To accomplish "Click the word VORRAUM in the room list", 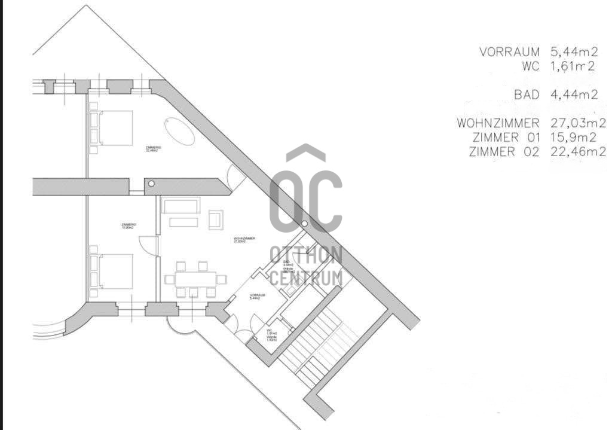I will tap(509, 52).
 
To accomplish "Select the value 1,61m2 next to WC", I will tap(573, 66).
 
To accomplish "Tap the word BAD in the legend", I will tap(527, 94).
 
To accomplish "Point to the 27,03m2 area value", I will tap(577, 123).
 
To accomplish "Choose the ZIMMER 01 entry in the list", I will tap(506, 138).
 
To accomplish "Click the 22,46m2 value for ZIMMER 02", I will tap(577, 151).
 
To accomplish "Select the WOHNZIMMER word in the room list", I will tap(498, 123).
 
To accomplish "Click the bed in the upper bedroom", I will tap(115, 127).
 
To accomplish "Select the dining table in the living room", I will tap(195, 279).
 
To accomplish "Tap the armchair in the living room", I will tap(216, 219).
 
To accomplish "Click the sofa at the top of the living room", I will tap(180, 208).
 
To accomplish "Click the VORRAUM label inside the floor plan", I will tap(258, 296).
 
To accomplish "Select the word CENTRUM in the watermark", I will tap(305, 277).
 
